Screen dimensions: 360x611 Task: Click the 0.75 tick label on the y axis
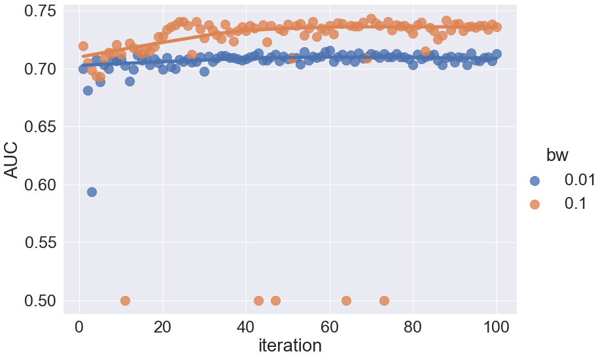41,11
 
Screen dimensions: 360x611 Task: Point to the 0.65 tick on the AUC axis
41,127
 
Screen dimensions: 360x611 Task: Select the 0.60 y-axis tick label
41,185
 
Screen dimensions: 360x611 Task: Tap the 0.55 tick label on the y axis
41,243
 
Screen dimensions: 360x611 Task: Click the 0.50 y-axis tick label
41,301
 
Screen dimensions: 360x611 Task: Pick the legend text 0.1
575,204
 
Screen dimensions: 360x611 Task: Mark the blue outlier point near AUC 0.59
92,192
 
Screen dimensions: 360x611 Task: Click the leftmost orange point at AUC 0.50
125,300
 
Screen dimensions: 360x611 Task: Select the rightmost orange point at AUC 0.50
384,300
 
